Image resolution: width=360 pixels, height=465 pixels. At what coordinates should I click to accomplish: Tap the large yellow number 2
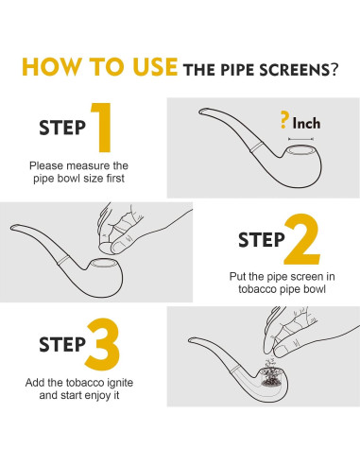tap(302, 239)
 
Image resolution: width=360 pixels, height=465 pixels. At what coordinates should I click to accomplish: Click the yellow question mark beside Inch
tap(284, 120)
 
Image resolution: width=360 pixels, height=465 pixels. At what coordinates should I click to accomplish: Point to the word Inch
tap(306, 123)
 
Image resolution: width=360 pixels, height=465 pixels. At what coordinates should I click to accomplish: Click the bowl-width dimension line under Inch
tap(300, 139)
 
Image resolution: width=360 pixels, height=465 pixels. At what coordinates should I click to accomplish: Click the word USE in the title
tap(155, 67)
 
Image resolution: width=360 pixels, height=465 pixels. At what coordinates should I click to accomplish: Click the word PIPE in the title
tap(237, 70)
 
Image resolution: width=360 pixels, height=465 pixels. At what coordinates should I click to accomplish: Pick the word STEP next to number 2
tap(262, 240)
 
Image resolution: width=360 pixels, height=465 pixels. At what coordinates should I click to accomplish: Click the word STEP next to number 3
tap(62, 344)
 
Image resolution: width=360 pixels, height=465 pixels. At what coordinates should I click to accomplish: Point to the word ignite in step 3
tap(120, 383)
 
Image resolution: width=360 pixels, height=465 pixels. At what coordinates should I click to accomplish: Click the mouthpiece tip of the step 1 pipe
tap(201, 112)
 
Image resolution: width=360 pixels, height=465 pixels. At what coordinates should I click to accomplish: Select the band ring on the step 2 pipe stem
tap(63, 260)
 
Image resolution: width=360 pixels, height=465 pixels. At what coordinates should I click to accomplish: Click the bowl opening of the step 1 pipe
tap(300, 150)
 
